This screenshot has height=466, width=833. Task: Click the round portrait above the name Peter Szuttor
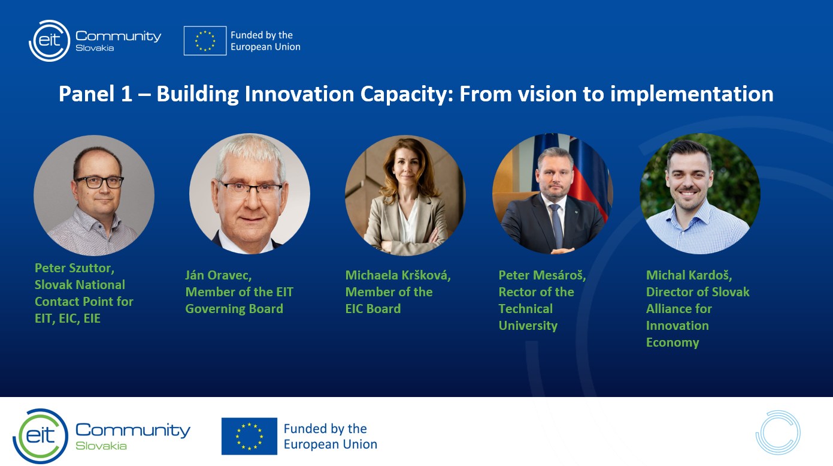pos(94,195)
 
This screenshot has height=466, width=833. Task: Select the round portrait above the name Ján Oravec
pos(250,194)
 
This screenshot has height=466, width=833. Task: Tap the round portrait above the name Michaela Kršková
pos(405,195)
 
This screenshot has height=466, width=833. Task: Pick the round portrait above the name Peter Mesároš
pos(553,194)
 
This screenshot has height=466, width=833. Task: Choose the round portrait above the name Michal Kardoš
pos(700,194)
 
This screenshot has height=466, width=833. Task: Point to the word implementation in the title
pos(692,95)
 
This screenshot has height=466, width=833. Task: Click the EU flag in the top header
pos(205,41)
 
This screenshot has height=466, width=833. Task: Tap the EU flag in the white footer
pos(249,436)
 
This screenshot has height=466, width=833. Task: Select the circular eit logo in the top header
pos(50,41)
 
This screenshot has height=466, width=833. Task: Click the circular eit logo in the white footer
pos(41,436)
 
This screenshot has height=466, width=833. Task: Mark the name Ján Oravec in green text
pos(219,275)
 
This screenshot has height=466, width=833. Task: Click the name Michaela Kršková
pos(398,275)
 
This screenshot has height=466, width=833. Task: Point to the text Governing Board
pos(234,309)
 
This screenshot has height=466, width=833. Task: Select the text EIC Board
pos(373,309)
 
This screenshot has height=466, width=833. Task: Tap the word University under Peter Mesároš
pos(528,326)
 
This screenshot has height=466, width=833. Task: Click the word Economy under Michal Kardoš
pos(673,342)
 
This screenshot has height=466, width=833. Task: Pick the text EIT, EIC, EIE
pos(68,319)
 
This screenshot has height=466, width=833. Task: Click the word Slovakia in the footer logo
pos(101,446)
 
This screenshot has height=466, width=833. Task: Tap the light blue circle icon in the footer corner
pos(777,412)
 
